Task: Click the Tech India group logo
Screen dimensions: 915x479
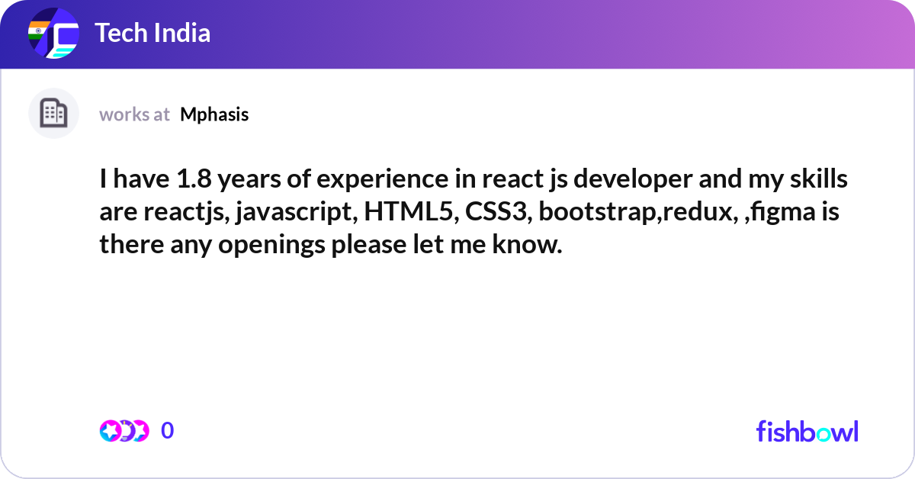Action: coord(53,33)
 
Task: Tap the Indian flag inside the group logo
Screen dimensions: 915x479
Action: coord(38,31)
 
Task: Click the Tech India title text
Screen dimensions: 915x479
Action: coord(152,33)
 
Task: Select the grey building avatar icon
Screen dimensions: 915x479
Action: coord(53,113)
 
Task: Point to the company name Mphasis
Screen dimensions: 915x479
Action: coord(214,115)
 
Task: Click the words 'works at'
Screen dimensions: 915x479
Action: coord(134,115)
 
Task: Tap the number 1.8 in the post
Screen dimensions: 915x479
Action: coord(194,179)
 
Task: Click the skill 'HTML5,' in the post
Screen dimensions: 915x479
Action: coord(411,212)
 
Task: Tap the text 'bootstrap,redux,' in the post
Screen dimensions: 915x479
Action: coord(638,213)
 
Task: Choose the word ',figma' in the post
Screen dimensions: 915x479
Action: coord(780,213)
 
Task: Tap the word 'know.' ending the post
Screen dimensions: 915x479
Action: coord(527,244)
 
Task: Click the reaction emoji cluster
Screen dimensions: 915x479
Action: coord(124,431)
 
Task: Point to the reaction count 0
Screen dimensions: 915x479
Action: coord(167,430)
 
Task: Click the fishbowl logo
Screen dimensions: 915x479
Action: coord(807,431)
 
